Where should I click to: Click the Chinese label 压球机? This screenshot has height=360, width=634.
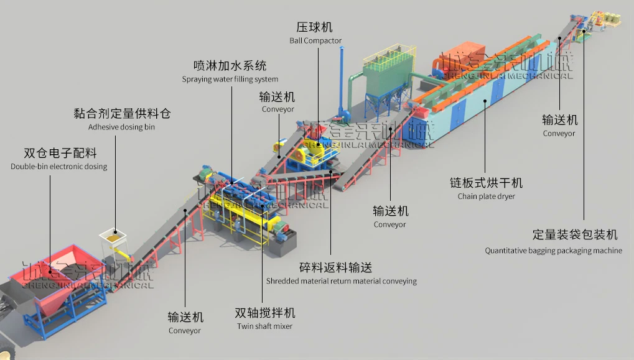pos(314,27)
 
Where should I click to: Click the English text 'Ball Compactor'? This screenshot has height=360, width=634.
pos(315,41)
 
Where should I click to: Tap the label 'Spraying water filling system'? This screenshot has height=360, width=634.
pos(230,80)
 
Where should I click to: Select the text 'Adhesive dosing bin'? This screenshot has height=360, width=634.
pos(121,127)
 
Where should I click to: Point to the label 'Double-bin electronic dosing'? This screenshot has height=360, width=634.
pos(59,167)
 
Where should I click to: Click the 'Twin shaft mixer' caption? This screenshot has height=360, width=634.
pos(264,326)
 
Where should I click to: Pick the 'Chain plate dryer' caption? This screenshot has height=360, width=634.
pos(487,197)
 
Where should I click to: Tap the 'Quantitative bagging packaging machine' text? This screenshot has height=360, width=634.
pos(553,251)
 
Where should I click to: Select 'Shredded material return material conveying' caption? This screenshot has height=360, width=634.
pos(342,281)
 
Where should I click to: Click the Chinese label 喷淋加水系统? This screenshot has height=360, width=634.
pos(230,66)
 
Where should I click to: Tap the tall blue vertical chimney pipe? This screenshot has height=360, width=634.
pos(341,75)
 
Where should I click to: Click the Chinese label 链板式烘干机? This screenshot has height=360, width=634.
pos(487,183)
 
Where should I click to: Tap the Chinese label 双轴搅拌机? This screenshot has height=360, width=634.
pos(265,313)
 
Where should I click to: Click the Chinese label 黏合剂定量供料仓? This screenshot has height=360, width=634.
pos(122,114)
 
